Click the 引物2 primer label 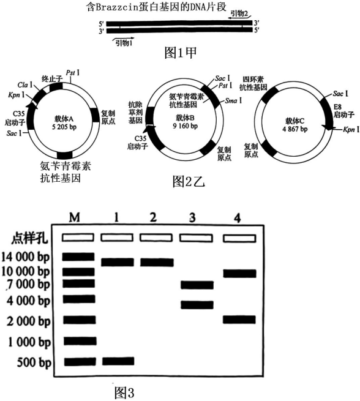(239, 13)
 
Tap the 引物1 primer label (124, 43)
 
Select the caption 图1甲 (181, 53)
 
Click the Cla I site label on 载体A (25, 84)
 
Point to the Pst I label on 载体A (73, 73)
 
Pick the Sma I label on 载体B (233, 100)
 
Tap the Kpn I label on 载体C (351, 130)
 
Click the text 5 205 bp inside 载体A (64, 127)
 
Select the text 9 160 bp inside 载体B (185, 126)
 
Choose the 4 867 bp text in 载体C (295, 129)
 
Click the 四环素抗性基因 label (253, 83)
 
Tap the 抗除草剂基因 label (135, 112)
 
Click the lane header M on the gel (75, 217)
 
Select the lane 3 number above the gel (192, 217)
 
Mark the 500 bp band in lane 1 (118, 361)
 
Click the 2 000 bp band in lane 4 (239, 320)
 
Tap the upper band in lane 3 (197, 285)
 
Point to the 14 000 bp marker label (25, 257)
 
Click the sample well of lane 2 (156, 238)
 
